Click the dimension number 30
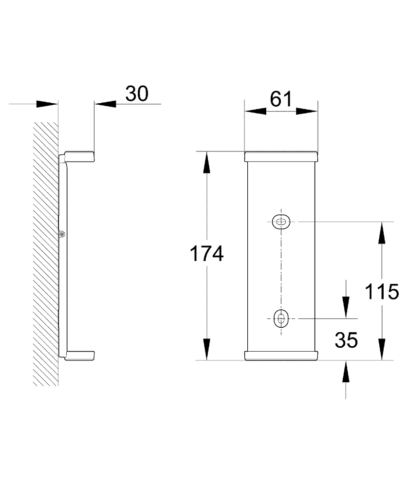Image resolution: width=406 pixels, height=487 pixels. point(137,94)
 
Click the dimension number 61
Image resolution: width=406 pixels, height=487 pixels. point(281,99)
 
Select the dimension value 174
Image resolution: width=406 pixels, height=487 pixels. point(206,253)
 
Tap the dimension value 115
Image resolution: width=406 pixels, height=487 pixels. point(382,292)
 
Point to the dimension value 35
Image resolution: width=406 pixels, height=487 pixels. point(346,340)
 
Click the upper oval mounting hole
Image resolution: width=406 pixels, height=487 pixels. point(281,222)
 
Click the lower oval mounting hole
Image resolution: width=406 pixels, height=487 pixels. point(281,318)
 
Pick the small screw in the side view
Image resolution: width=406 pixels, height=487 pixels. point(62,234)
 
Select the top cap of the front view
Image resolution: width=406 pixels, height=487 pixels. point(281,156)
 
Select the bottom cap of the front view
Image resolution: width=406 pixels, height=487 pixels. point(281,356)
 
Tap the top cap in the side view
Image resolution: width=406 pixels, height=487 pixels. point(79,157)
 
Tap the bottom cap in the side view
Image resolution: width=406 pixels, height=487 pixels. point(79,356)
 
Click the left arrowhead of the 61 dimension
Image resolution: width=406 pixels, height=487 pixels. point(255,111)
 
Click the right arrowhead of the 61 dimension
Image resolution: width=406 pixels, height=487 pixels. point(307,111)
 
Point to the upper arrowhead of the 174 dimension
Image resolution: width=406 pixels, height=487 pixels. point(206,162)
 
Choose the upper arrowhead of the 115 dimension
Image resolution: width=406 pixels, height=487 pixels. point(382,233)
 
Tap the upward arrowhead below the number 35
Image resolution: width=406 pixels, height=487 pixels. point(346,371)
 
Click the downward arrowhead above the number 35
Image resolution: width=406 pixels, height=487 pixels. point(346,307)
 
